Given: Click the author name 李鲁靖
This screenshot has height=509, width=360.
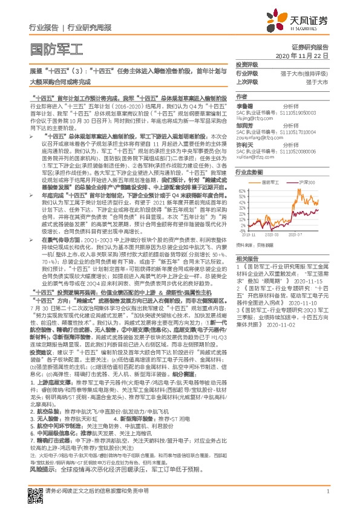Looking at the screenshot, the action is click(245, 105).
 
